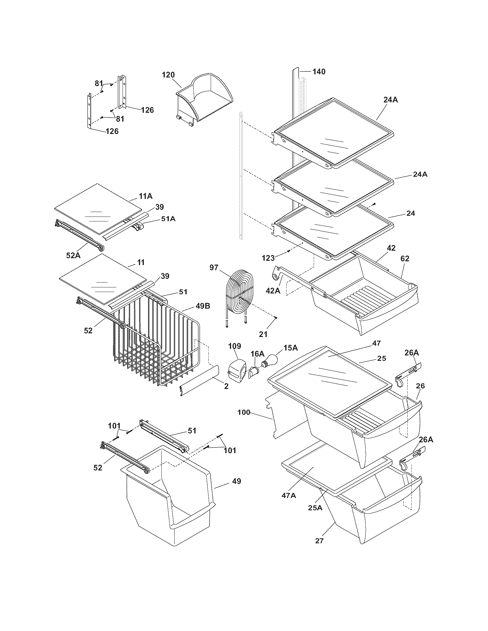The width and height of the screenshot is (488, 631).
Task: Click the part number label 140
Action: click(319, 71)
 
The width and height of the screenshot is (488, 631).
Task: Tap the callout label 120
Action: click(168, 75)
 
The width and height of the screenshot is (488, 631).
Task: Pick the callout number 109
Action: click(235, 346)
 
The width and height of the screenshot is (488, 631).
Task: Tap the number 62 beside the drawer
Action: click(405, 259)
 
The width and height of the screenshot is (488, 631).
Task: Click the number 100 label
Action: click(244, 412)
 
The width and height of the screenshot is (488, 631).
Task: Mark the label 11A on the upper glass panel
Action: click(146, 196)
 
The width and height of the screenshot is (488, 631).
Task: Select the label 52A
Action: click(73, 255)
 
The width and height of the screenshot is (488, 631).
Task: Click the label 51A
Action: click(168, 219)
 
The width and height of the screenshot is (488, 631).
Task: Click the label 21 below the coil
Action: click(263, 334)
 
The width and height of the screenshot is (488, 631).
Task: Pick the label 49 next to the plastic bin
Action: click(236, 481)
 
